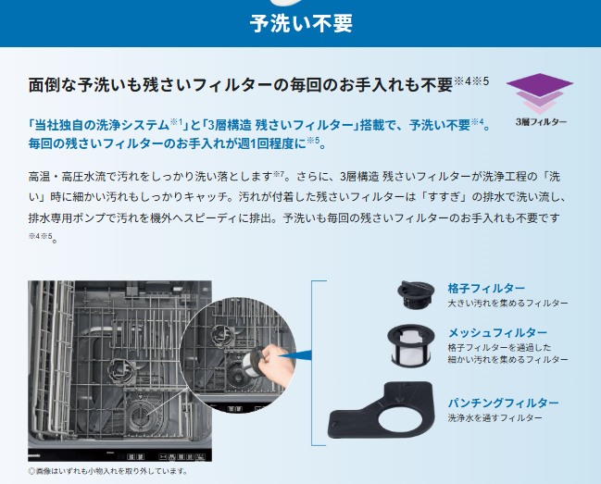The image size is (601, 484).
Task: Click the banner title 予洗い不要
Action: click(301, 23)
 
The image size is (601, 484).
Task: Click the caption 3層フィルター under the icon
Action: click(541, 122)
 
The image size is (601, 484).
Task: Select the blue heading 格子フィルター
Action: click(486, 288)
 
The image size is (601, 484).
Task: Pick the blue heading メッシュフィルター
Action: click(497, 332)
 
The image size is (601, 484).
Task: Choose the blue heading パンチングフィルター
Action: click(503, 403)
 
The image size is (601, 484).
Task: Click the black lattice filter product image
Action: click(416, 294)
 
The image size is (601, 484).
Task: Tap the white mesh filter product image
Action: click(411, 346)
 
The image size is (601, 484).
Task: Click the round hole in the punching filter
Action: click(400, 418)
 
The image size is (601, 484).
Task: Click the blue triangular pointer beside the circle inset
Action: click(295, 355)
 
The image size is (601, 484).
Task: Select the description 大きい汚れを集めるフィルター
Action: click(507, 304)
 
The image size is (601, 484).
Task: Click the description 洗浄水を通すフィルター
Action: click(495, 417)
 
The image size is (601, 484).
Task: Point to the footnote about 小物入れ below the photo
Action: click(107, 471)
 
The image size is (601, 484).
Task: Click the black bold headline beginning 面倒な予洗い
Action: click(241, 84)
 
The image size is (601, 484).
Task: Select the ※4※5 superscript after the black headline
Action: click(471, 81)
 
